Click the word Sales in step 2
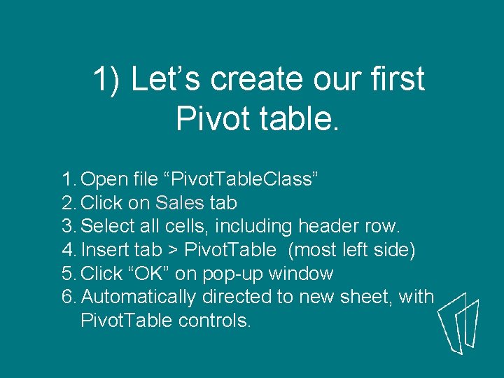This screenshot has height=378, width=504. [180, 203]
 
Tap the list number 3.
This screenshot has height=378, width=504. [68, 227]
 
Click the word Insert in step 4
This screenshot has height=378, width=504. [104, 250]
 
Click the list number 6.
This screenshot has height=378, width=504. [68, 297]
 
